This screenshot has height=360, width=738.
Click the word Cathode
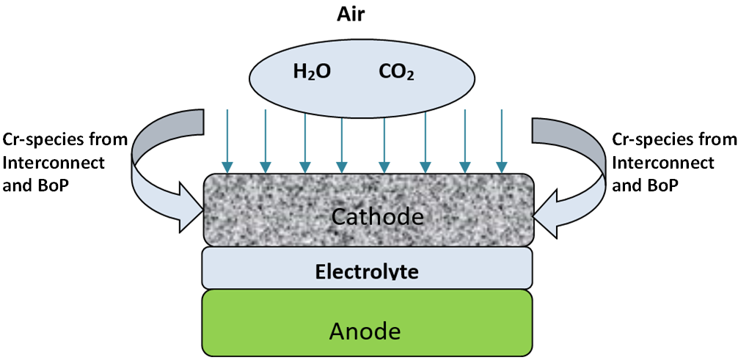[368, 216]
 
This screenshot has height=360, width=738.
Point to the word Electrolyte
[367, 272]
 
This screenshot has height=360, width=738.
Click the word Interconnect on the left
[54, 161]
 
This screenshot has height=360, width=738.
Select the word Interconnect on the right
[663, 161]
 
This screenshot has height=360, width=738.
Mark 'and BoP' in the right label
[642, 185]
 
